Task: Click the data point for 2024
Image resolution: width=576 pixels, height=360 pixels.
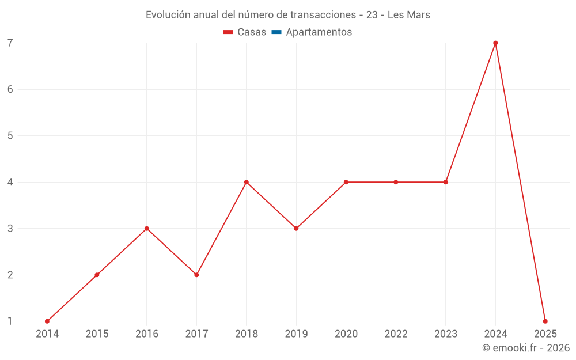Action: coord(495,43)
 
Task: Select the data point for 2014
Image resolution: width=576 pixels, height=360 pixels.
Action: coord(47,321)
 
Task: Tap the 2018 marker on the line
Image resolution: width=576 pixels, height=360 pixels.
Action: coord(247,182)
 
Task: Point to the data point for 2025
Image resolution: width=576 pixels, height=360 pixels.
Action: coord(545,321)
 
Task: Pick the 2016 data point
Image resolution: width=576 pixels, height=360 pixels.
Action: coord(147,229)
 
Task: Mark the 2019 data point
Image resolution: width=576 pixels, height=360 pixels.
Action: coord(296,229)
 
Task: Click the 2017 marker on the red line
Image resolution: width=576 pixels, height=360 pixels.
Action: coord(196,275)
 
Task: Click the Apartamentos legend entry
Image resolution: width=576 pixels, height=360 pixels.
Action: coord(319,32)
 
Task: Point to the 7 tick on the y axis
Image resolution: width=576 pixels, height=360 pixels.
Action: coord(10,43)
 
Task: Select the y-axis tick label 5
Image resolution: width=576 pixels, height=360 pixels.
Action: coord(10,136)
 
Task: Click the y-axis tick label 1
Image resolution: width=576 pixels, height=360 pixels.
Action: coord(10,321)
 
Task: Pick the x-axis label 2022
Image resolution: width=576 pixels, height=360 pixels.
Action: coord(396,334)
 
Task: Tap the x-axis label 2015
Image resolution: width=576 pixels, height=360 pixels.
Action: coord(97,334)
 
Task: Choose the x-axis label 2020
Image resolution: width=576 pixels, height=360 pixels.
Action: coord(346,334)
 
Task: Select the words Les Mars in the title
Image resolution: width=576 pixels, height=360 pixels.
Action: coord(409,15)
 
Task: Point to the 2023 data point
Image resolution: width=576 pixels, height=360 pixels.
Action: coord(446,182)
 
